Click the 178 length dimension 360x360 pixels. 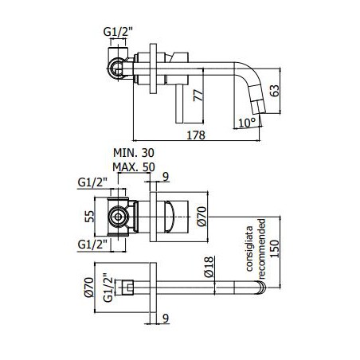click(196, 135)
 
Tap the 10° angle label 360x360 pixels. click(247, 123)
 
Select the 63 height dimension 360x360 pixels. click(275, 91)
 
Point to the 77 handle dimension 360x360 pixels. click(198, 96)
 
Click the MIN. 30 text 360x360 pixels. click(134, 153)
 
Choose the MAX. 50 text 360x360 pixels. click(134, 167)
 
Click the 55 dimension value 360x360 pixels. click(89, 217)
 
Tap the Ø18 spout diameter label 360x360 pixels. click(209, 267)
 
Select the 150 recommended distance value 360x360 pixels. click(275, 248)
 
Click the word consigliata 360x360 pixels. click(249, 248)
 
